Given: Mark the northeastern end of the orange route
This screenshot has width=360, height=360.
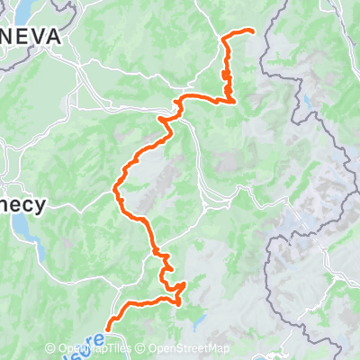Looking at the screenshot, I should tap(253, 32).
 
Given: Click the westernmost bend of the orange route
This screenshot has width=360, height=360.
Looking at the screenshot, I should tap(115, 189).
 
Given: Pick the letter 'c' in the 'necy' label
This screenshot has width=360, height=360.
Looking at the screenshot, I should tap(27, 205).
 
